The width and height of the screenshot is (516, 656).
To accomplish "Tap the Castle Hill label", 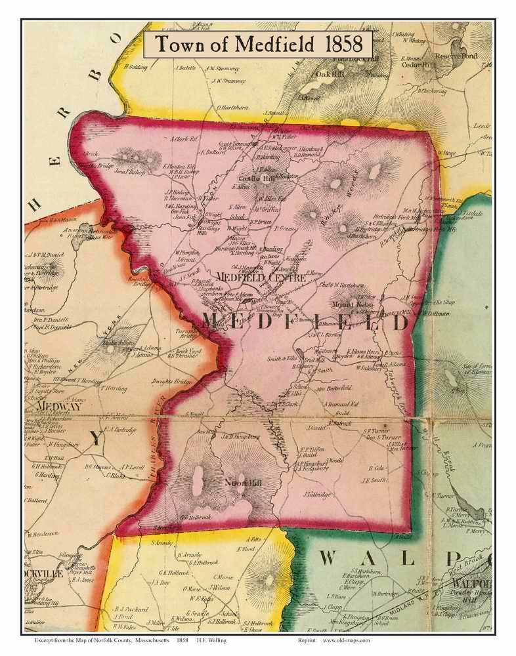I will coord(252,178).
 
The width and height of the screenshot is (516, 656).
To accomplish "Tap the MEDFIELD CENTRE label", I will coord(261,278).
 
